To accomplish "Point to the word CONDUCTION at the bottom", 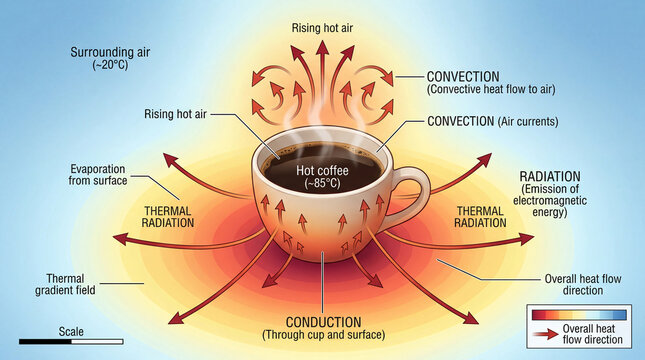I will tap(322, 322).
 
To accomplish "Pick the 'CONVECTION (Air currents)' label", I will tap(490, 121).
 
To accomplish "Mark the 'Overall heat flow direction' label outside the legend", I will tap(586, 285).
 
